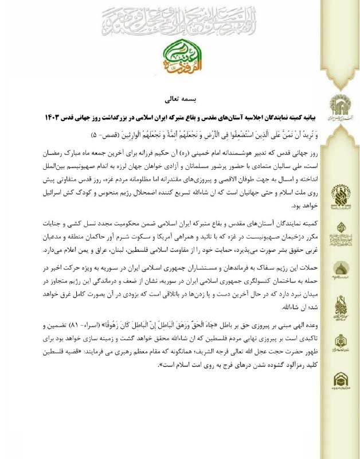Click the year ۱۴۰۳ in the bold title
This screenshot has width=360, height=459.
coord(52,118)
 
